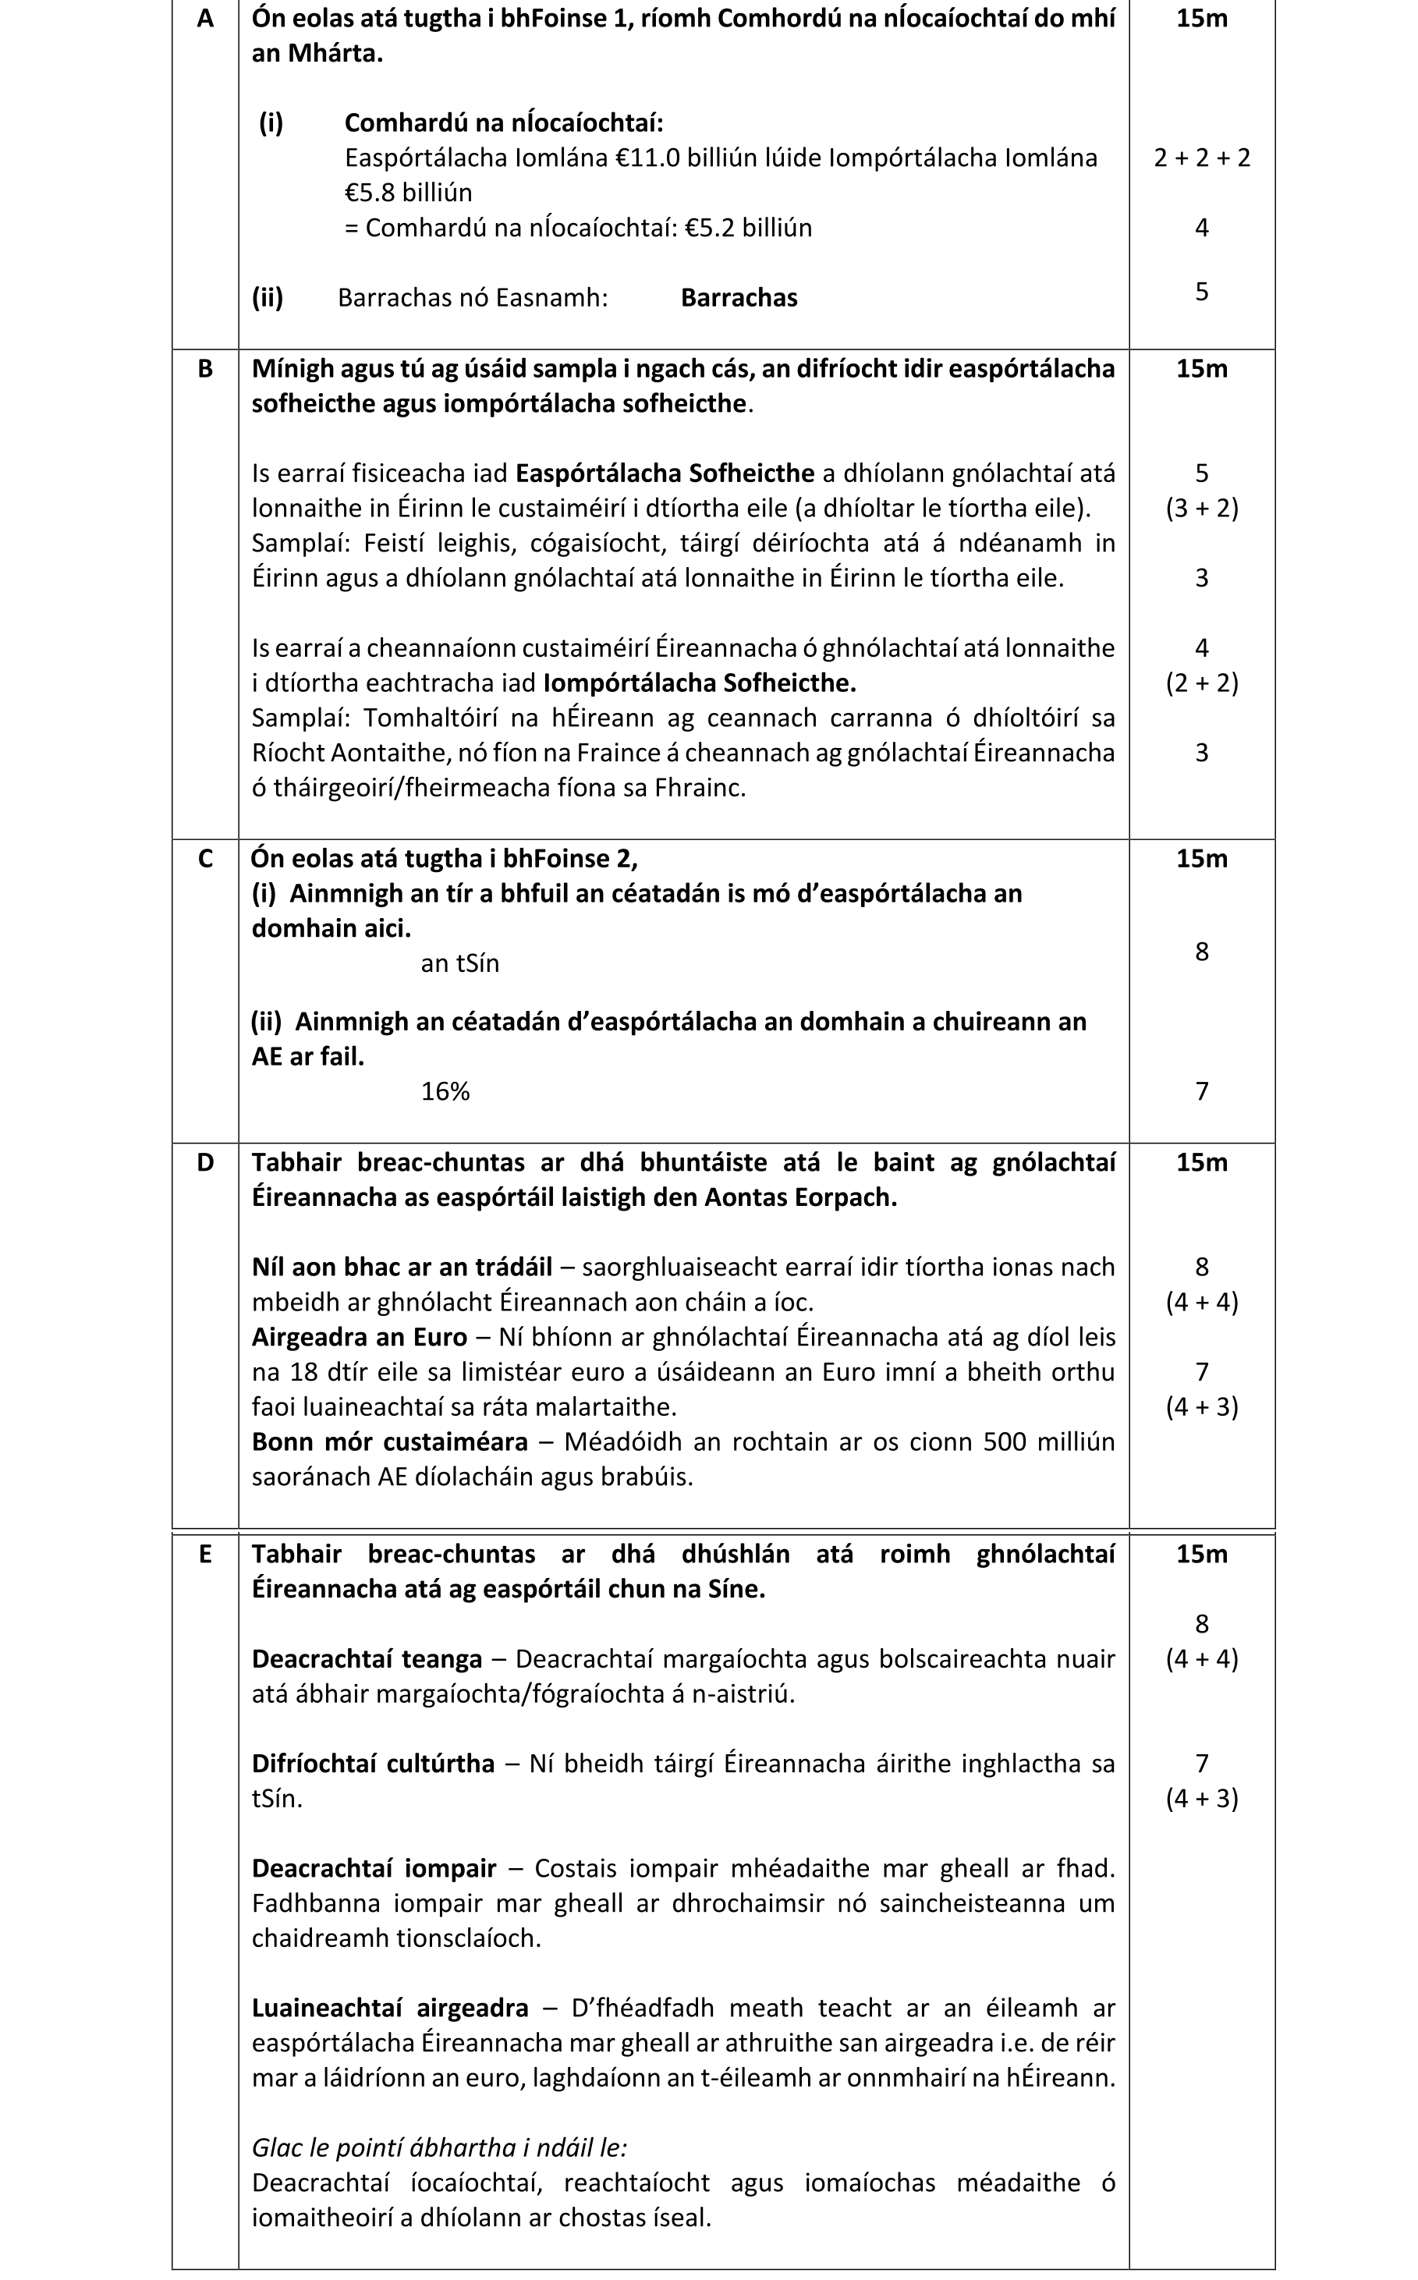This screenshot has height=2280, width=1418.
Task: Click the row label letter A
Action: click(204, 19)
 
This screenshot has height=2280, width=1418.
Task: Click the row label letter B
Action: click(204, 370)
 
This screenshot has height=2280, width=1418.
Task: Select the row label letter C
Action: click(204, 859)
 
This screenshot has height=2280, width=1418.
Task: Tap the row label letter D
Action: click(204, 1163)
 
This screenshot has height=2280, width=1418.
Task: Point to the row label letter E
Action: click(204, 1554)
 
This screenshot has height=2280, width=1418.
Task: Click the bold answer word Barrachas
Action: click(739, 298)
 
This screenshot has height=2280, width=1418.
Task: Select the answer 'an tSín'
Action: click(459, 964)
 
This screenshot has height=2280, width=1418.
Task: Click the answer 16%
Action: click(445, 1092)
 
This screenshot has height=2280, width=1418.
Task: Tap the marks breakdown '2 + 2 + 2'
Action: click(1201, 158)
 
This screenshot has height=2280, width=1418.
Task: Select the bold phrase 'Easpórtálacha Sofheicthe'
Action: click(665, 473)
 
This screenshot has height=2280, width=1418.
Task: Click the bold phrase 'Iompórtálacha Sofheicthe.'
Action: click(700, 683)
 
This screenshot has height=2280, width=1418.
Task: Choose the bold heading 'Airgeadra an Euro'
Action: click(360, 1336)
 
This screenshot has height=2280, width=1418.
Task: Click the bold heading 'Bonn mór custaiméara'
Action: click(389, 1441)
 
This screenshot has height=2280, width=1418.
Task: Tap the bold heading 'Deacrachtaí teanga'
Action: click(367, 1659)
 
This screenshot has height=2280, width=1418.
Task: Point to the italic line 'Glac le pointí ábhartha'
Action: click(439, 2147)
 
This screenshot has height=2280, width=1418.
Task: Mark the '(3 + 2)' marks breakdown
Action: click(1201, 509)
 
